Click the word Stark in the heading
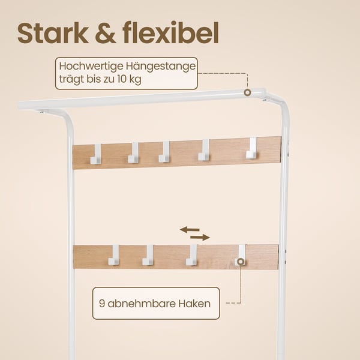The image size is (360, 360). click(x=53, y=33)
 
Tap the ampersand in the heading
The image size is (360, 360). click(x=106, y=33)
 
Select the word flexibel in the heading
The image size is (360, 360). click(x=170, y=32)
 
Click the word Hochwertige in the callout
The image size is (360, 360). click(x=91, y=67)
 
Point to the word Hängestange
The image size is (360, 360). click(x=160, y=67)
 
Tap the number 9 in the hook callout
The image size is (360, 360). click(x=102, y=303)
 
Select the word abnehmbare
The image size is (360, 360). click(x=141, y=303)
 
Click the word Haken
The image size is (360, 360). click(x=194, y=303)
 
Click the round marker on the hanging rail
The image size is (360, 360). click(x=247, y=92)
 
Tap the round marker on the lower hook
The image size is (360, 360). click(x=241, y=262)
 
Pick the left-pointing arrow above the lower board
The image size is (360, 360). click(x=190, y=229)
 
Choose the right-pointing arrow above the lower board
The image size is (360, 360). click(x=200, y=238)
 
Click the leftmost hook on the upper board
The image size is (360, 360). click(x=96, y=154)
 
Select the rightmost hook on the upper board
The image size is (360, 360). click(x=251, y=148)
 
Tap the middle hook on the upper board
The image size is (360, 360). click(x=164, y=152)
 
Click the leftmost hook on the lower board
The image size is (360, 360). click(x=113, y=255)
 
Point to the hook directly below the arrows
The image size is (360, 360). click(x=191, y=255)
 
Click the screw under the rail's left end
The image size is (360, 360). click(x=41, y=112)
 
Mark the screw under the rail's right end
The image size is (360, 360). click(x=265, y=100)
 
